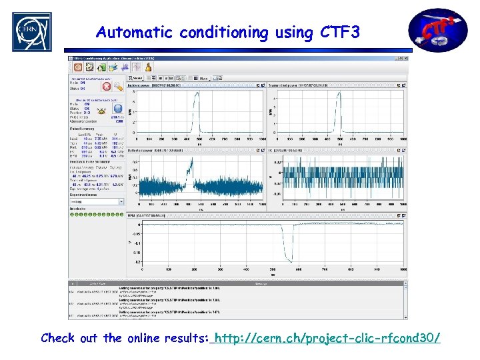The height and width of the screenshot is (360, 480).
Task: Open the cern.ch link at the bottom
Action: (x=327, y=338)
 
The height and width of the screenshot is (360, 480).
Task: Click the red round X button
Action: (x=105, y=86)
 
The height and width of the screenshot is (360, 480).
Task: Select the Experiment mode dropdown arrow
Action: (x=121, y=201)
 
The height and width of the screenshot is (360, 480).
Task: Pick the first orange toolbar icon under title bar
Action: (x=78, y=67)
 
